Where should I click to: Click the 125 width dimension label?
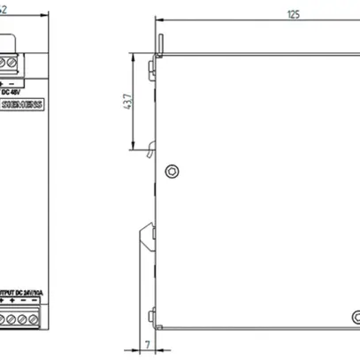coord(291,14)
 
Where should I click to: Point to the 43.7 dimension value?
coord(126,107)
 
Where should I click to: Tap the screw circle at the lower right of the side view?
coord(354,316)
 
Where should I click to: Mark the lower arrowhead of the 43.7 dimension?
coord(134,149)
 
